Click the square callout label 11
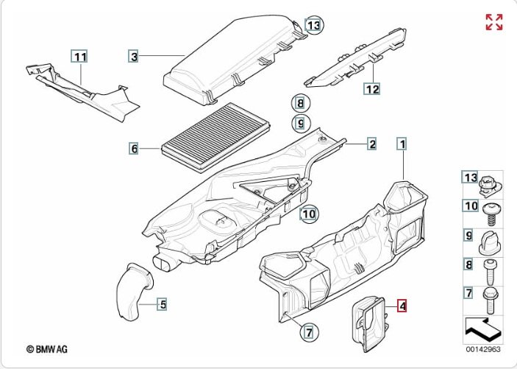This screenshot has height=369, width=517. tap(79, 56)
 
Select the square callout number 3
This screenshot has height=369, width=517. tap(133, 56)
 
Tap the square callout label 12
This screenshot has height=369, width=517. tap(372, 89)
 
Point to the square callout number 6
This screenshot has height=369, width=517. tap(133, 149)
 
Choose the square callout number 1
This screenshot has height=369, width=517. tap(402, 144)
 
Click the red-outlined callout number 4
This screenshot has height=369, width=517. tap(402, 303)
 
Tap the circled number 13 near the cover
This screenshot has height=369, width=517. tap(314, 26)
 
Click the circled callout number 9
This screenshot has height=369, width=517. tap(300, 122)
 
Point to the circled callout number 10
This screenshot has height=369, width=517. tap(309, 214)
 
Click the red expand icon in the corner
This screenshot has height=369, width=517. tap(494, 22)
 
